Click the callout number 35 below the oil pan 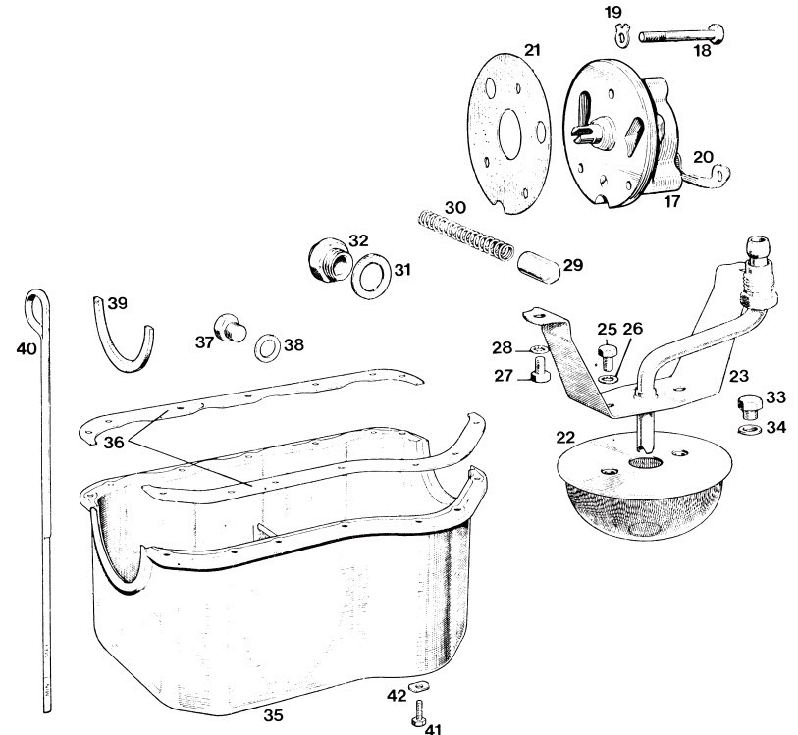click(273, 715)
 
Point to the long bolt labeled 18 click(681, 35)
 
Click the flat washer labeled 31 click(372, 276)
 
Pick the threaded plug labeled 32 click(330, 259)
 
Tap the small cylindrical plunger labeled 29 click(539, 266)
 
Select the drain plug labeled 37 click(230, 328)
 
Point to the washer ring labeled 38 click(268, 348)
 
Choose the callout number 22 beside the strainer click(565, 437)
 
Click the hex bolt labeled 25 click(608, 356)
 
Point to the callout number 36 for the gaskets click(114, 442)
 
